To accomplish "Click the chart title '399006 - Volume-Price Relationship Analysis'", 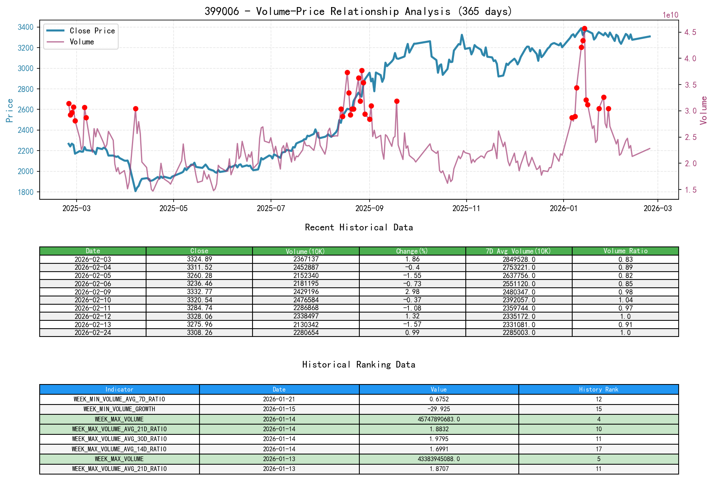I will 358,11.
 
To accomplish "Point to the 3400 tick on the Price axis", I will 26,27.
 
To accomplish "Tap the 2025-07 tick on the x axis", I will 271,208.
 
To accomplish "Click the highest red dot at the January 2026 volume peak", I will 584,28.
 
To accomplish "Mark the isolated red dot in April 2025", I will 135,109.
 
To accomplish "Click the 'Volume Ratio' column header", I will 625,251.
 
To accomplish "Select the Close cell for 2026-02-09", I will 199,292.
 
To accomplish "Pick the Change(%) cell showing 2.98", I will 412,292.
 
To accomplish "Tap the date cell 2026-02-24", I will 93,333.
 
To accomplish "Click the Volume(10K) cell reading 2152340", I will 306,276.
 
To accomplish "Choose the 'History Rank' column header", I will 598,389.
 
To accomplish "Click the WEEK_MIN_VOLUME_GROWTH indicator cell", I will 119,409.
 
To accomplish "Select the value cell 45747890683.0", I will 439,419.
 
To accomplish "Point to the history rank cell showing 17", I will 598,449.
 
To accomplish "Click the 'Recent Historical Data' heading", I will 359,227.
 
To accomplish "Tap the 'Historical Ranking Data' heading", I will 359,364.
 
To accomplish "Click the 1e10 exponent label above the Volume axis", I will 670,15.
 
